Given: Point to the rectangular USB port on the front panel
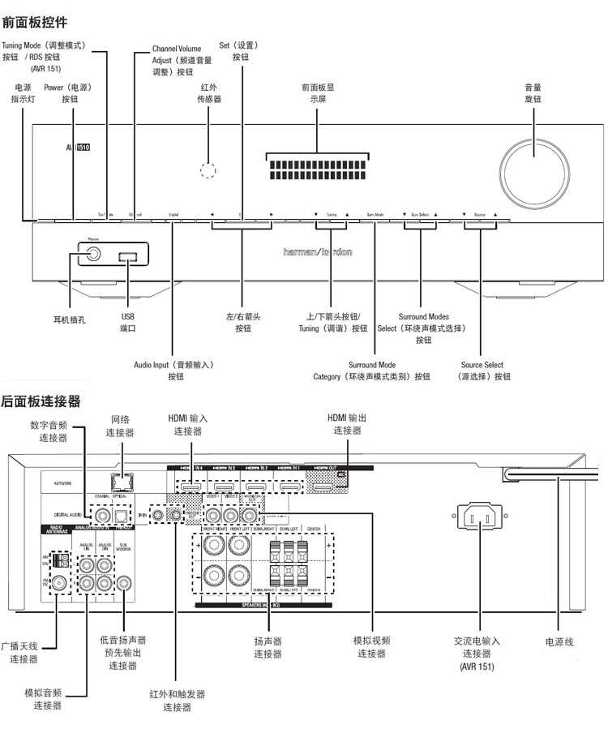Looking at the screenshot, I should click(x=128, y=257).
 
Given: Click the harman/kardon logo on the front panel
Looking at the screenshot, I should click(x=318, y=252).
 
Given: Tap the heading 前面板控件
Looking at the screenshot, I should click(x=35, y=22).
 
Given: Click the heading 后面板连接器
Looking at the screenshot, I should click(x=41, y=401).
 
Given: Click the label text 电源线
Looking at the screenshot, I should click(x=559, y=641).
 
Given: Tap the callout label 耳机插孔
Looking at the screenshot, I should click(x=69, y=320).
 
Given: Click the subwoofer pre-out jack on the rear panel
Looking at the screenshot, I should click(x=124, y=582).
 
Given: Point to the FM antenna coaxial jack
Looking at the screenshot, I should click(x=59, y=583).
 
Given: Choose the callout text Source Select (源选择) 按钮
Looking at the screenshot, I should click(x=482, y=371).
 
